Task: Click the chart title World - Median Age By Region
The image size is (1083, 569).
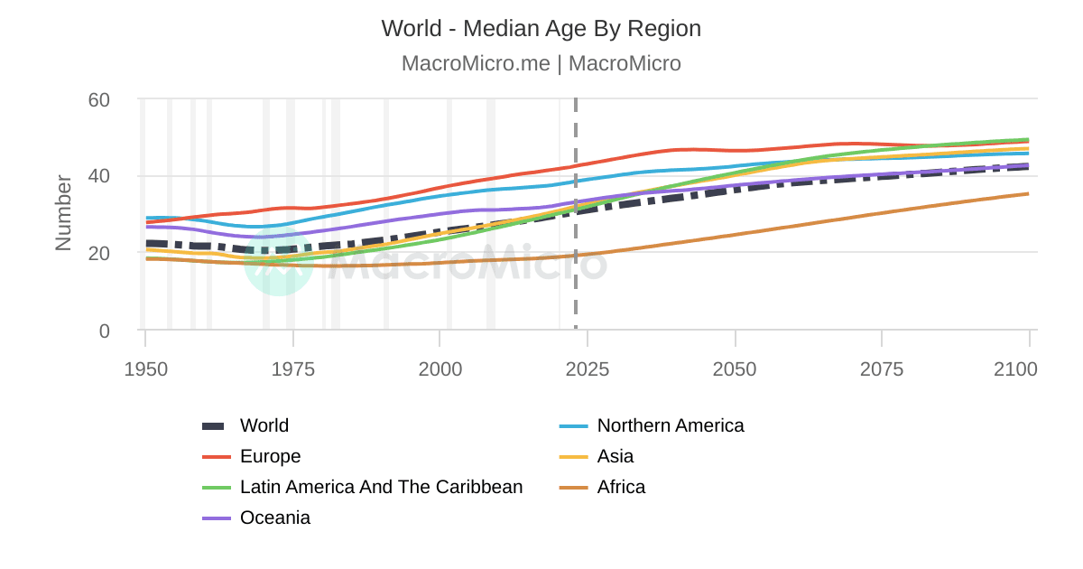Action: click(x=541, y=29)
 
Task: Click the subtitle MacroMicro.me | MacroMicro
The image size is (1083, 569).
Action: click(x=541, y=64)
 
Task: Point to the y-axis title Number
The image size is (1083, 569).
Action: click(x=63, y=213)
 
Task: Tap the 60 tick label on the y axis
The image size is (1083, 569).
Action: click(x=98, y=99)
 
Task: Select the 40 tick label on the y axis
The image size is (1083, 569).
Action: click(x=98, y=176)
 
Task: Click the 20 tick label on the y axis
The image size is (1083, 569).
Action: click(x=98, y=254)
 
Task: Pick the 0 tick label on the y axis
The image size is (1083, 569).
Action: click(x=104, y=331)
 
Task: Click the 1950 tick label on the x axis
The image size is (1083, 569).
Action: click(x=145, y=369)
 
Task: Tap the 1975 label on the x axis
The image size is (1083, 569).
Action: click(x=292, y=369)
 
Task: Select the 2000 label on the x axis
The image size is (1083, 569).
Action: click(x=440, y=369)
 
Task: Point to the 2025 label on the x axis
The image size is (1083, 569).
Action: click(x=587, y=369)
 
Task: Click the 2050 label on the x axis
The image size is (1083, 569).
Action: click(x=735, y=369)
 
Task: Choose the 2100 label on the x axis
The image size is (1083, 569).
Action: click(x=1016, y=369)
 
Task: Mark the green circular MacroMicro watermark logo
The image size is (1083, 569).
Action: click(x=279, y=261)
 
